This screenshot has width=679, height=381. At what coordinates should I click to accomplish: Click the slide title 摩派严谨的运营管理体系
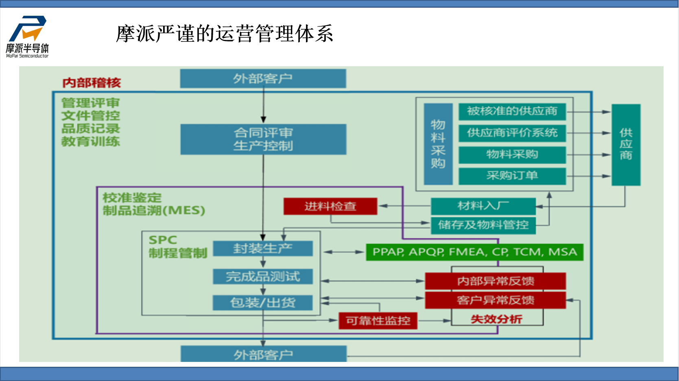[225, 33]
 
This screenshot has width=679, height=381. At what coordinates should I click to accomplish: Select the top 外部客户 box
[263, 78]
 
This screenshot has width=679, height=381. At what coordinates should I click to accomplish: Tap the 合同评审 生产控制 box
[263, 139]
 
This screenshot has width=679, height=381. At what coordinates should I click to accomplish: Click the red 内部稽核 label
[92, 83]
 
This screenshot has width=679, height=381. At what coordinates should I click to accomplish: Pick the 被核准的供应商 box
[512, 111]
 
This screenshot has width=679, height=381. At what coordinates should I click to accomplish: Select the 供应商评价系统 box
[512, 133]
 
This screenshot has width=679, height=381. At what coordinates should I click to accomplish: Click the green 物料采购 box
[512, 155]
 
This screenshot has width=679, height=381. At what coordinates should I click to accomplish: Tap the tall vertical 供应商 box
[626, 145]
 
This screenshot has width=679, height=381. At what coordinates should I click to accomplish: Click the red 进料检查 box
[330, 206]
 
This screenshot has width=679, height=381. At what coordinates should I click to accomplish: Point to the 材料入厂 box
[483, 206]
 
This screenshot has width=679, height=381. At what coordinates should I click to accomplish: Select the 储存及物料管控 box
[483, 225]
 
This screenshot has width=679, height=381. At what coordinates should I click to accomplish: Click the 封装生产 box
[263, 248]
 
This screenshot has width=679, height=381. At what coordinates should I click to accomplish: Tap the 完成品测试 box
[263, 276]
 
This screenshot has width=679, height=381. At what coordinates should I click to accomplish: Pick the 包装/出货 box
[263, 303]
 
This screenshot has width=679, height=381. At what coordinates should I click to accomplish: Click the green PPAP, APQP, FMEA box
[474, 252]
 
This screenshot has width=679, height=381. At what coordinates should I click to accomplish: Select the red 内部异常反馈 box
[495, 281]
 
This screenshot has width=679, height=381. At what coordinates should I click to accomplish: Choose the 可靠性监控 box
[378, 321]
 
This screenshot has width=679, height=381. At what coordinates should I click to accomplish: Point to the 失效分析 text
[496, 319]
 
